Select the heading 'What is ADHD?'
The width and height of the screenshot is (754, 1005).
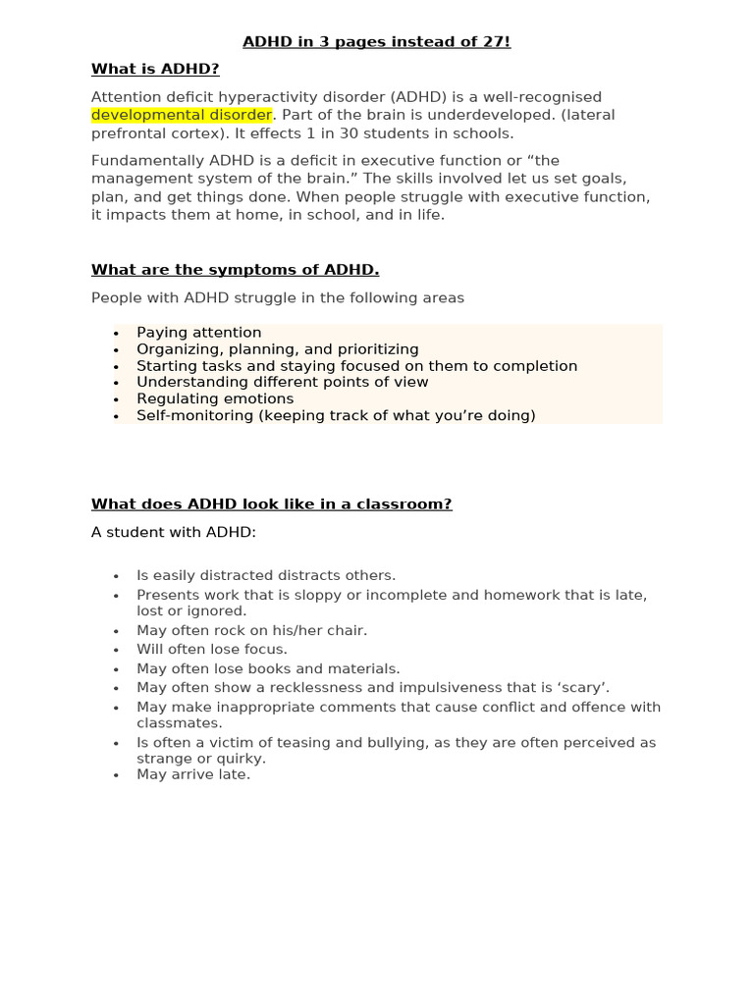[x=155, y=69]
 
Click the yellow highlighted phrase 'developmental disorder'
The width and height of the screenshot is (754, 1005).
[x=182, y=115]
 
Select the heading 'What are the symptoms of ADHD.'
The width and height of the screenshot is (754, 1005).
[x=235, y=270]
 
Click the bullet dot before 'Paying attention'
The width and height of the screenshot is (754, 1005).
[x=116, y=334]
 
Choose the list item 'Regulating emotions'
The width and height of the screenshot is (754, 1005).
[x=214, y=398]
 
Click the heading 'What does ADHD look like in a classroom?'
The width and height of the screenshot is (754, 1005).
[x=271, y=504]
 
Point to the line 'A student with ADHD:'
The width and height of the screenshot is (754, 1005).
[x=173, y=533]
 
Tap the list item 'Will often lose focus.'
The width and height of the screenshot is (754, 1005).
[x=211, y=650]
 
